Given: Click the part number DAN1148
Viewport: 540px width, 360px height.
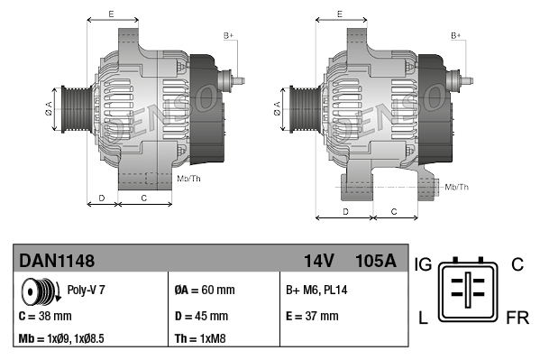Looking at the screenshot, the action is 57,261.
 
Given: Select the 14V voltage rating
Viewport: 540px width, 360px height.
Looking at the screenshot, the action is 319,261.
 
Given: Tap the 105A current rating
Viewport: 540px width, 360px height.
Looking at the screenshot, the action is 376,261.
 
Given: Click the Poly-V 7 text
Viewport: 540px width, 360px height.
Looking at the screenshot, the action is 87,290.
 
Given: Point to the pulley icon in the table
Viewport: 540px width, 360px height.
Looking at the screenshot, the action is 41,291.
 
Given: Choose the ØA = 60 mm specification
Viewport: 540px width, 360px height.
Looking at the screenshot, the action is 205,290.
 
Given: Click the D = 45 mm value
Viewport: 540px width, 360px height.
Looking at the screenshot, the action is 201,316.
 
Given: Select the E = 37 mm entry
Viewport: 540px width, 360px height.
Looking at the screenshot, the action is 312,316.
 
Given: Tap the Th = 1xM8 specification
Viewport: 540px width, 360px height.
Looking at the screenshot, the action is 200,338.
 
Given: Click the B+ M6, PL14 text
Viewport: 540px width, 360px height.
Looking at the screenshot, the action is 316,290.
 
